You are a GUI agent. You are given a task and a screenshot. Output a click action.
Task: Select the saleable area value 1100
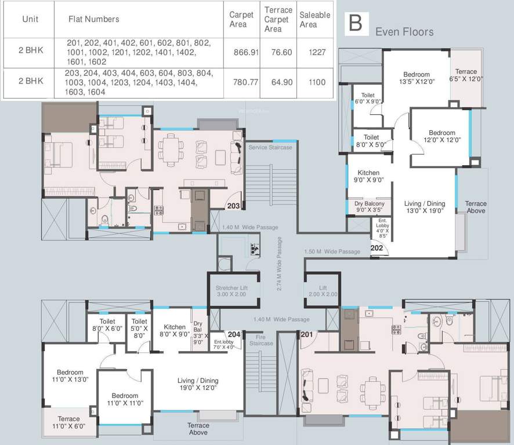click(x=317, y=82)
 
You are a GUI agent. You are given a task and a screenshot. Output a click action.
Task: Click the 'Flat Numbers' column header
click(x=93, y=19)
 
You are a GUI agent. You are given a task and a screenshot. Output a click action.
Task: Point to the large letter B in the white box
click(x=355, y=23)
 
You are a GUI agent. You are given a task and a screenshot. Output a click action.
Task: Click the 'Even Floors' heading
click(x=404, y=31)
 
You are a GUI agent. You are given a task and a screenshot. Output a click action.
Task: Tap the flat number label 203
click(x=234, y=205)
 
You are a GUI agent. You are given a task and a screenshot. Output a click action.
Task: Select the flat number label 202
click(x=377, y=248)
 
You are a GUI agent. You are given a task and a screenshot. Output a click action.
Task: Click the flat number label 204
click(x=234, y=334)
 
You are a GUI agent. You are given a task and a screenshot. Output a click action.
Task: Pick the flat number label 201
click(x=307, y=334)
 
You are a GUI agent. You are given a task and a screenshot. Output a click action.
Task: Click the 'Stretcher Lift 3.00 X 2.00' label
click(x=231, y=291)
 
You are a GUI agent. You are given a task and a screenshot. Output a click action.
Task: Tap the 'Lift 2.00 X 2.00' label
click(x=323, y=291)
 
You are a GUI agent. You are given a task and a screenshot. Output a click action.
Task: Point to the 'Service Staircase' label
click(x=270, y=147)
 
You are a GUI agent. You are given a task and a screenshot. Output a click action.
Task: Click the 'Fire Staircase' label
click(x=261, y=340)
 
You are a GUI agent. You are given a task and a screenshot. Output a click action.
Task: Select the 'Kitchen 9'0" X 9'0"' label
click(x=368, y=177)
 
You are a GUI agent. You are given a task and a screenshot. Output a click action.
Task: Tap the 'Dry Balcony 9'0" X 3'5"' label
click(x=370, y=207)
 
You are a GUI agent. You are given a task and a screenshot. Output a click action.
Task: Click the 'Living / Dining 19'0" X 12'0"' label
click(x=198, y=384)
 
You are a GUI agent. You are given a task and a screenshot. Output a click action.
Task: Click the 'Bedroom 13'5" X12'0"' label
click(x=417, y=78)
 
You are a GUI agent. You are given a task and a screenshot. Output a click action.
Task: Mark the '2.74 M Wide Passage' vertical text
click(x=280, y=264)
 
